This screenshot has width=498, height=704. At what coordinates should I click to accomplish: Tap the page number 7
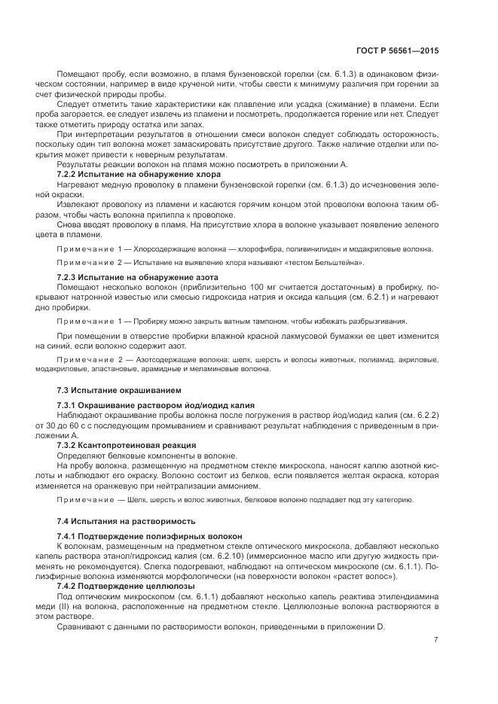(x=436, y=640)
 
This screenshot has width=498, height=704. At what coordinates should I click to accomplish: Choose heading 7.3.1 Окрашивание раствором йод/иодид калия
(x=156, y=405)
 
